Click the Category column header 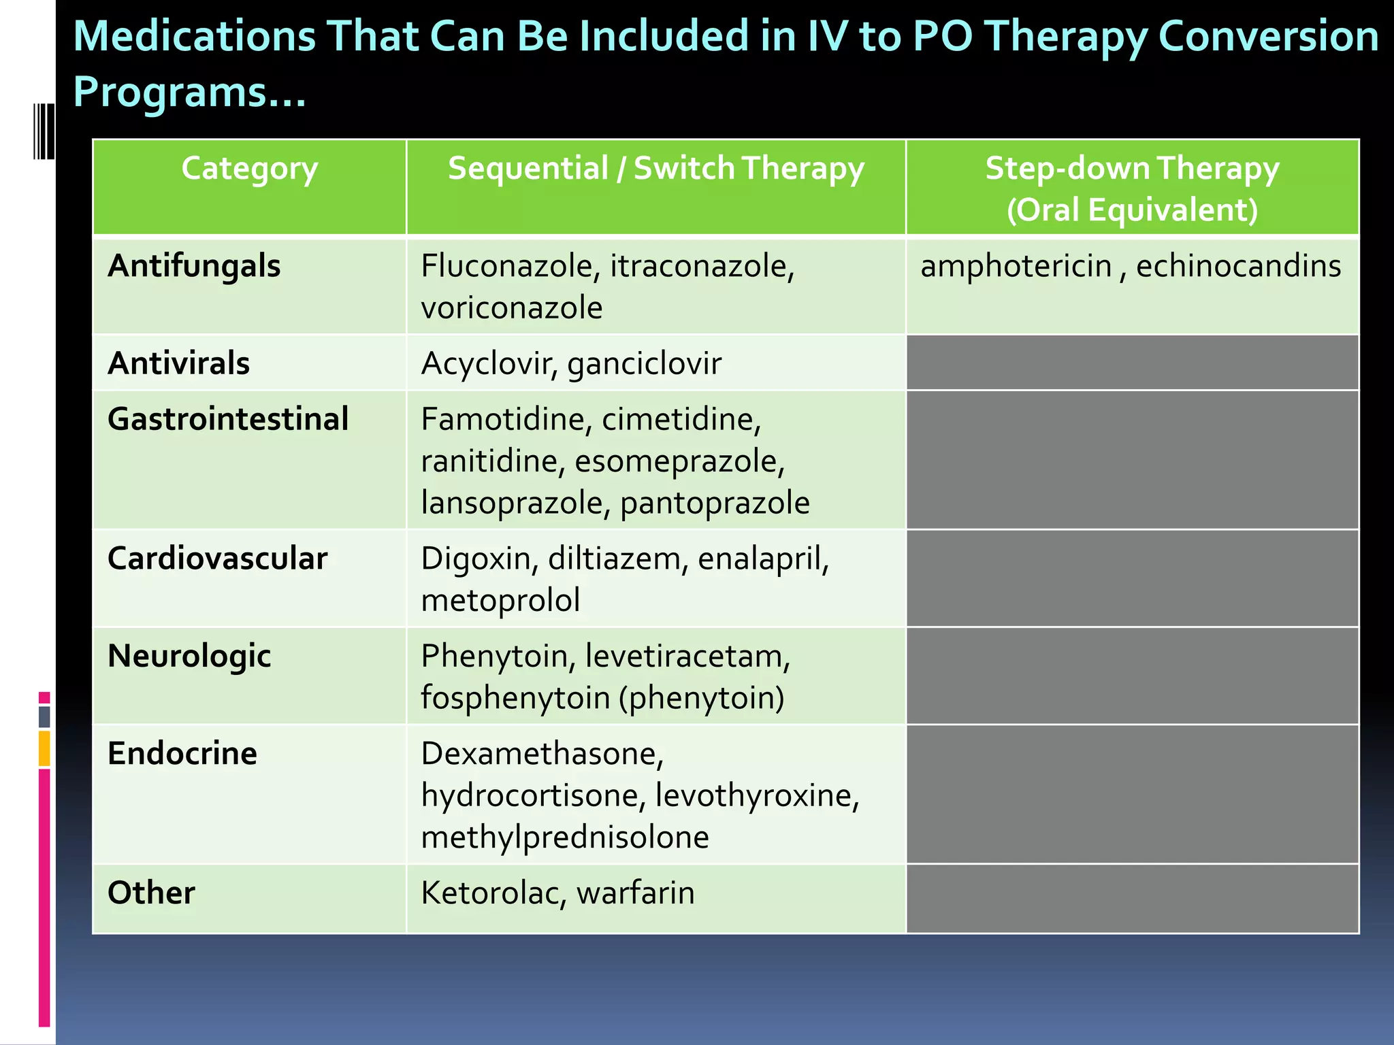(249, 169)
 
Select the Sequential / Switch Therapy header (655, 169)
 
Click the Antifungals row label (194, 266)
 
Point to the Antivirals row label (178, 363)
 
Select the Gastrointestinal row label (228, 419)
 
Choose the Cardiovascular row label (217, 559)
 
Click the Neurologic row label (189, 657)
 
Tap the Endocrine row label (182, 754)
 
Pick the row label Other (151, 893)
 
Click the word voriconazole (512, 308)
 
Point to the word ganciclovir (644, 364)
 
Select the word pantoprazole (715, 503)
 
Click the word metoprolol (500, 601)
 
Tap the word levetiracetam (687, 657)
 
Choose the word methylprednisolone (565, 837)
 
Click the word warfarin (635, 893)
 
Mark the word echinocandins (1238, 266)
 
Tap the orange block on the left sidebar (44, 748)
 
